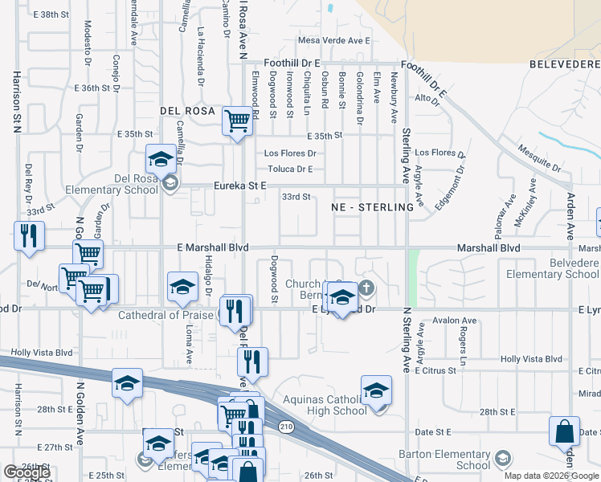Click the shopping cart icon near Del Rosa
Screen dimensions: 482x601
click(x=237, y=121)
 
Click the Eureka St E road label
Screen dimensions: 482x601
click(x=239, y=186)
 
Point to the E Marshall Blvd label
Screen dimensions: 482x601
click(x=212, y=248)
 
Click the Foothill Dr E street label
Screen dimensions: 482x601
click(x=293, y=63)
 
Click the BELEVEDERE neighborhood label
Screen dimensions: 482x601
click(x=564, y=63)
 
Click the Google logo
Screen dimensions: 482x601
click(x=26, y=472)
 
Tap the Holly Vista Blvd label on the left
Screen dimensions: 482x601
click(x=42, y=353)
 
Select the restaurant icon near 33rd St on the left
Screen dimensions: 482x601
click(x=29, y=235)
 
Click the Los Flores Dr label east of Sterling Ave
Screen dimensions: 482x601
click(x=440, y=153)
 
